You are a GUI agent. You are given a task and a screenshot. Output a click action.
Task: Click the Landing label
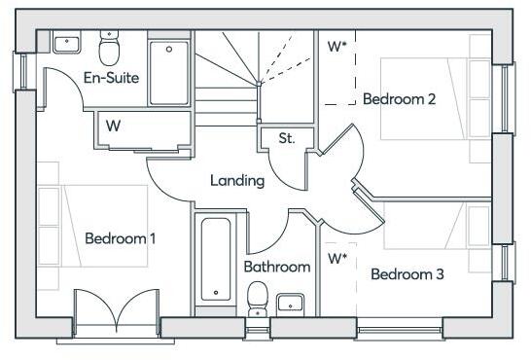[237, 180]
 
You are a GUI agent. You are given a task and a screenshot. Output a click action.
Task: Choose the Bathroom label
[277, 266]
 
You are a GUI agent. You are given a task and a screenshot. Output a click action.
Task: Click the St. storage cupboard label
[287, 138]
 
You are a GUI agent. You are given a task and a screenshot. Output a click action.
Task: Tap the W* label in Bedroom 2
[337, 46]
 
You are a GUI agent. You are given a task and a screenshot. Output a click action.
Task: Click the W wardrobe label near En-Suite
[114, 126]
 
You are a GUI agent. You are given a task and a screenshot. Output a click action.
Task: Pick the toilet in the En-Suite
[109, 45]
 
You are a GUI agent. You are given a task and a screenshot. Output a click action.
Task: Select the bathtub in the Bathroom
[215, 259]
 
